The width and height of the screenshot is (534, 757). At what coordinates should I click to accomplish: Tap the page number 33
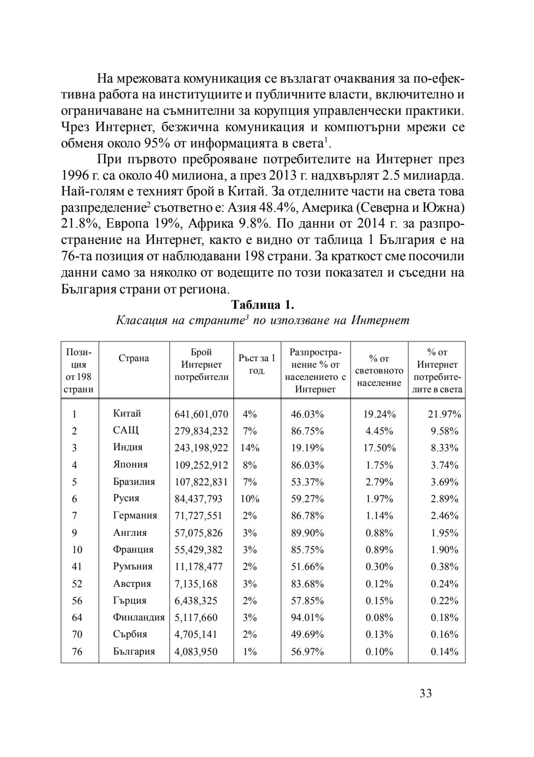425,693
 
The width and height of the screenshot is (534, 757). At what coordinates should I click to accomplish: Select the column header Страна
133,358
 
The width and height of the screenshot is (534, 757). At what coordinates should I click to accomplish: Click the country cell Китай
127,414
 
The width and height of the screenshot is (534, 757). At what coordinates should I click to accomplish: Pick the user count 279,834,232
201,431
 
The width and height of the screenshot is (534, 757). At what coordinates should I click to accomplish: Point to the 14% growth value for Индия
250,448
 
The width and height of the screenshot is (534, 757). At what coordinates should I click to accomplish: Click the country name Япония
130,465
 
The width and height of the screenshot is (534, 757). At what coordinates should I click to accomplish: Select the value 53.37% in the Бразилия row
307,482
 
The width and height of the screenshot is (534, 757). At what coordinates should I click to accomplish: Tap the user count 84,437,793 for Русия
198,499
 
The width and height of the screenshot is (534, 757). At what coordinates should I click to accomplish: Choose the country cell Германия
135,516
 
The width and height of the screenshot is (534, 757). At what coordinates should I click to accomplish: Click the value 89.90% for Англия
307,533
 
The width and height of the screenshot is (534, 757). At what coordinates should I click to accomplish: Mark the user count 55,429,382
198,550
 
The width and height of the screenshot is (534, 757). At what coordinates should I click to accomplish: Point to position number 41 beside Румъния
77,567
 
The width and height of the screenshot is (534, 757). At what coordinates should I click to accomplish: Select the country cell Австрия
132,584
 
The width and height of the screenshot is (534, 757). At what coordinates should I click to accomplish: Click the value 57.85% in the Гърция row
307,601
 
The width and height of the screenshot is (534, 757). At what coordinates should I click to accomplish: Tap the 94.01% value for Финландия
307,617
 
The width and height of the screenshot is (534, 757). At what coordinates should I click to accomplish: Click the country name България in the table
134,652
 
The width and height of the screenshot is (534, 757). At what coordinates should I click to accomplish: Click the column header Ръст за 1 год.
257,364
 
